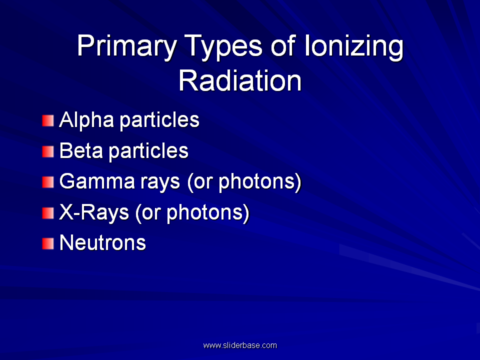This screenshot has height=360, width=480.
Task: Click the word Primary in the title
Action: coord(126,46)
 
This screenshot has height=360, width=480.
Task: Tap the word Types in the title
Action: coord(223,46)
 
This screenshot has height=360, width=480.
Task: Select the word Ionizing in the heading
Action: coord(353,46)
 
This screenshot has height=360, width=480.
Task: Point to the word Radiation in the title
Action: coord(240,80)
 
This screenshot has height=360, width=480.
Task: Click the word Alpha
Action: coord(86,120)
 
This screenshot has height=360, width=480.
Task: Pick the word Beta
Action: coord(81,150)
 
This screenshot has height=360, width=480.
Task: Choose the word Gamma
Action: coord(96,181)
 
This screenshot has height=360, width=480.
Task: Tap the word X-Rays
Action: coord(94,212)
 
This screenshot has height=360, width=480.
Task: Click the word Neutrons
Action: coord(102,243)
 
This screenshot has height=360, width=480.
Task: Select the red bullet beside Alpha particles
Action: coord(48,120)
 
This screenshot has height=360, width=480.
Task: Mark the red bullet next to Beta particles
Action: coord(48,151)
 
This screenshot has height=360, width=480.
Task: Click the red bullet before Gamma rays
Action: coord(48,182)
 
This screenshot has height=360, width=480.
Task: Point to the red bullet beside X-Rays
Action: coord(48,213)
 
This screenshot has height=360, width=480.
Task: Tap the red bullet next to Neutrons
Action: coord(48,243)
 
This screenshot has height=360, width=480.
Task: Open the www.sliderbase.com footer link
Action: coord(240,345)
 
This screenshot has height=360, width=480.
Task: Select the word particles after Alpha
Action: coord(159,120)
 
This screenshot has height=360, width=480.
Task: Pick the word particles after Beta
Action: coord(148,151)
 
